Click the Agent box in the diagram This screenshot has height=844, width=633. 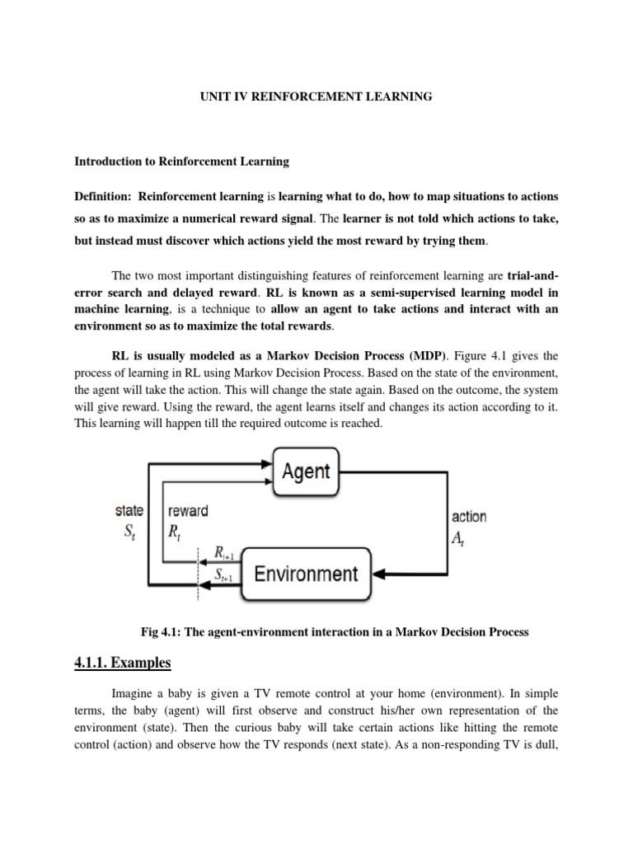(x=306, y=471)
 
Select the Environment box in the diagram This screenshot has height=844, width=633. (x=306, y=573)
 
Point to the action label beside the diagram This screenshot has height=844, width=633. (x=469, y=517)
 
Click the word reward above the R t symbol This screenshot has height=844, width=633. (x=188, y=510)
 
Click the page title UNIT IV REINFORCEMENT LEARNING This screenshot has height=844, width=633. (x=316, y=96)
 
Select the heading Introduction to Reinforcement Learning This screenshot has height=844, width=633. (x=182, y=161)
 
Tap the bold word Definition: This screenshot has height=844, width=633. (x=104, y=197)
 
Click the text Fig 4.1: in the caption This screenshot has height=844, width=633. (x=166, y=632)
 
